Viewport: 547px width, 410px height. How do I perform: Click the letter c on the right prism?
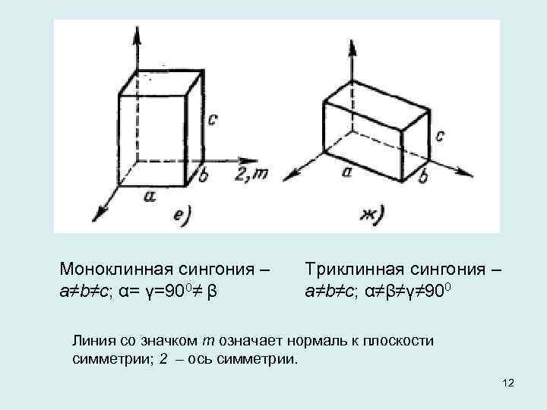pyautogui.click(x=441, y=136)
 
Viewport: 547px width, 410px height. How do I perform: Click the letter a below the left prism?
pyautogui.click(x=149, y=196)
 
